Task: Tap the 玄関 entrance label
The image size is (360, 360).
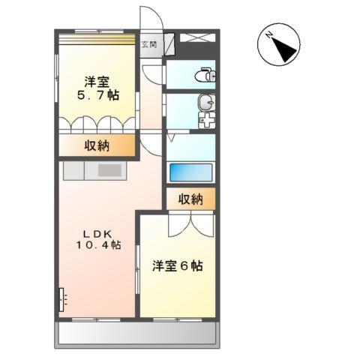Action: click(x=150, y=44)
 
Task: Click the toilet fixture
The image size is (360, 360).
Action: click(x=204, y=74)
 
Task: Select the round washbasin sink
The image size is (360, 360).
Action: click(x=205, y=103)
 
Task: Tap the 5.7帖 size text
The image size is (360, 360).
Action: click(x=98, y=96)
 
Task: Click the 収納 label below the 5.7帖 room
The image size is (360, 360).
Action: click(x=98, y=145)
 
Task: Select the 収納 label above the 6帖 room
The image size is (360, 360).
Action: click(x=190, y=199)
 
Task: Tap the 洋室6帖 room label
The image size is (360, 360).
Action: click(x=177, y=265)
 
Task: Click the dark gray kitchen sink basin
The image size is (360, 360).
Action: click(x=109, y=171)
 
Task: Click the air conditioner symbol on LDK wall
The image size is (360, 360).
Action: click(x=61, y=299)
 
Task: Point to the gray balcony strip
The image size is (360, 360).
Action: click(x=136, y=333)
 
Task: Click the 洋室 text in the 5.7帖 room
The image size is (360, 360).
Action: click(x=97, y=82)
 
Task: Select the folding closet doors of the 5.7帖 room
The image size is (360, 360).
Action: click(x=98, y=123)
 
